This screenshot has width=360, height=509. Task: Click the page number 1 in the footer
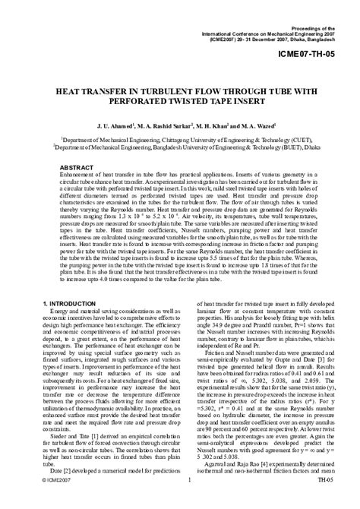(187, 501)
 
